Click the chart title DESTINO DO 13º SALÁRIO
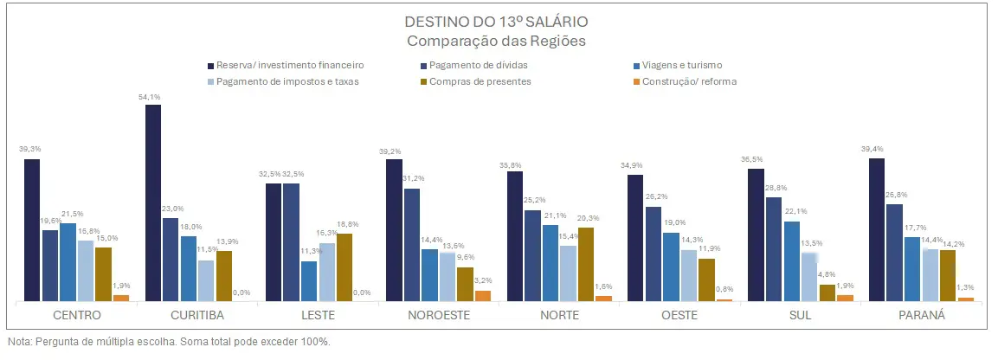click(499, 21)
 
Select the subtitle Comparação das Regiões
click(499, 40)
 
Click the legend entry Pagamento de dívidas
click(478, 65)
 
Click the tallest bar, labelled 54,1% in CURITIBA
click(153, 202)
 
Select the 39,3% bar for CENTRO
click(32, 230)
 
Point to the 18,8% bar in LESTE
click(344, 267)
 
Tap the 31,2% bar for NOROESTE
click(412, 244)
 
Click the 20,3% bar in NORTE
click(585, 264)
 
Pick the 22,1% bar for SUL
click(791, 260)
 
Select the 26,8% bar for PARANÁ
click(894, 252)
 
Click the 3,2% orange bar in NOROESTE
click(482, 295)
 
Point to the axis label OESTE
click(679, 315)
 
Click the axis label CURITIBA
click(197, 315)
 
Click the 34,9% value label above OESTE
click(634, 165)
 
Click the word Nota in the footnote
click(18, 342)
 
